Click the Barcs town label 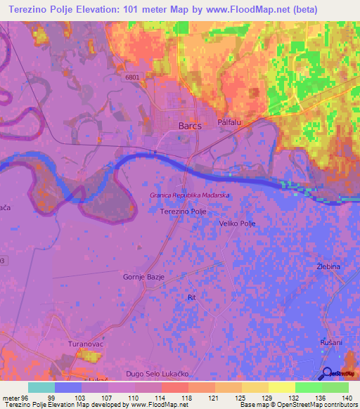190,126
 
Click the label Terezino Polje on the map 183,211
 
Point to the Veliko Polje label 237,223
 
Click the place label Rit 191,298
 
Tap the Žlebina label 328,267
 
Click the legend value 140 345,397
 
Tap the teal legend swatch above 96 41,387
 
